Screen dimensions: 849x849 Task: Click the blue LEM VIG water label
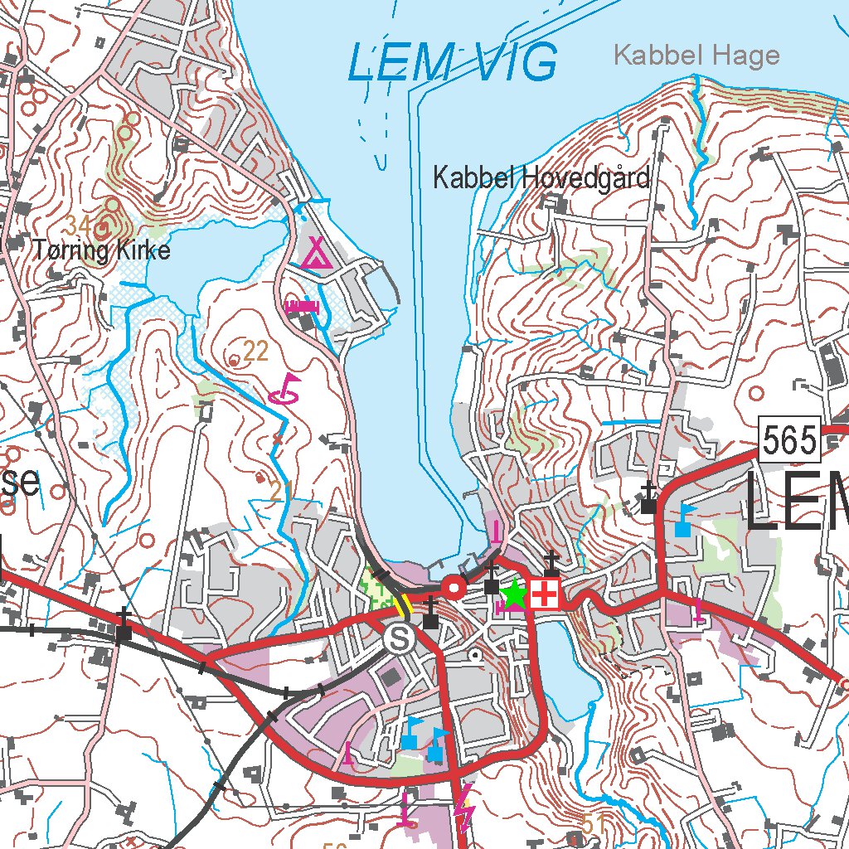pos(452,63)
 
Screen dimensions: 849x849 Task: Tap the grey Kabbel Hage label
pos(696,56)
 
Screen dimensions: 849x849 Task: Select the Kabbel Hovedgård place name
pos(541,178)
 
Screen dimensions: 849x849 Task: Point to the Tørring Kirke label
pos(102,250)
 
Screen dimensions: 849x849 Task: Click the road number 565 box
pos(789,440)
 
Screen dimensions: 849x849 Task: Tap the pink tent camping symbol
pos(316,253)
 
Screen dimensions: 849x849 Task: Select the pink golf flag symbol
pos(285,388)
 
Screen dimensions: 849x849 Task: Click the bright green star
pos(514,594)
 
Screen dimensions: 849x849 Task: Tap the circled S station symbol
pos(400,638)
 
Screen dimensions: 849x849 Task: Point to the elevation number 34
pos(79,225)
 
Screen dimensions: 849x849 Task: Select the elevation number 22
pos(256,352)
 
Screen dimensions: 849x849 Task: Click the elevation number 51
pos(593,824)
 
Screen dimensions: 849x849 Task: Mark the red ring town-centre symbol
pos(454,588)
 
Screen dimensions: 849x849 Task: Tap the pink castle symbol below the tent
pos(302,307)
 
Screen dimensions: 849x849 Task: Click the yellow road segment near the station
pos(402,604)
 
